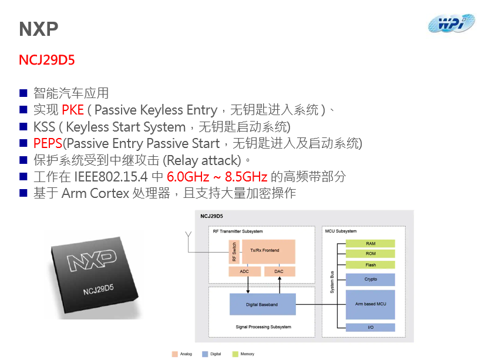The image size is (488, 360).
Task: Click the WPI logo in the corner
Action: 450,23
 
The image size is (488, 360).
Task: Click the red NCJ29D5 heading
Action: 46,60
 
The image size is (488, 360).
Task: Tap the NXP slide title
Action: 39,29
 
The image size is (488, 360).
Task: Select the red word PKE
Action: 73,110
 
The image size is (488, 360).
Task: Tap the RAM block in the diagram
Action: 370,243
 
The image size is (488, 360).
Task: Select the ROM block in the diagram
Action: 370,254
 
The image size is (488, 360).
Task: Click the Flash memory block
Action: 370,265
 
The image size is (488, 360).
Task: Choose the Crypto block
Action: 370,280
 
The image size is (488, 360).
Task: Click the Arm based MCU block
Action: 370,304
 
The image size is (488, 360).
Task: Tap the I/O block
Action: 370,327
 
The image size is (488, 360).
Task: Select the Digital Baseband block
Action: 262,304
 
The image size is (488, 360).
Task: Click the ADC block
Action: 244,271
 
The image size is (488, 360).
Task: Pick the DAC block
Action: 279,271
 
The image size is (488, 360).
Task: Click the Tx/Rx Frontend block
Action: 268,251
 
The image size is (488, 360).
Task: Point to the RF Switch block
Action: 234,251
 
